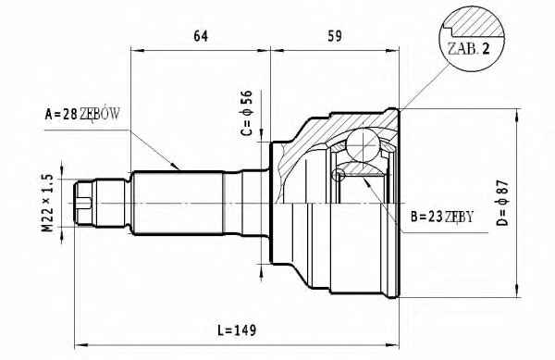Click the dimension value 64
pyautogui.click(x=201, y=36)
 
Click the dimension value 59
pyautogui.click(x=335, y=36)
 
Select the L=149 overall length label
pyautogui.click(x=237, y=330)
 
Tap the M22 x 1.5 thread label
pyautogui.click(x=47, y=203)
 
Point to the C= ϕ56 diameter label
pyautogui.click(x=247, y=113)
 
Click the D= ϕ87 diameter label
pyautogui.click(x=502, y=203)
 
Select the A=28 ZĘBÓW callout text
pyautogui.click(x=82, y=114)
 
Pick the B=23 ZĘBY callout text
pyautogui.click(x=442, y=217)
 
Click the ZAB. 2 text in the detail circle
pyautogui.click(x=469, y=48)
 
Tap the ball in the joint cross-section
pyautogui.click(x=364, y=143)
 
